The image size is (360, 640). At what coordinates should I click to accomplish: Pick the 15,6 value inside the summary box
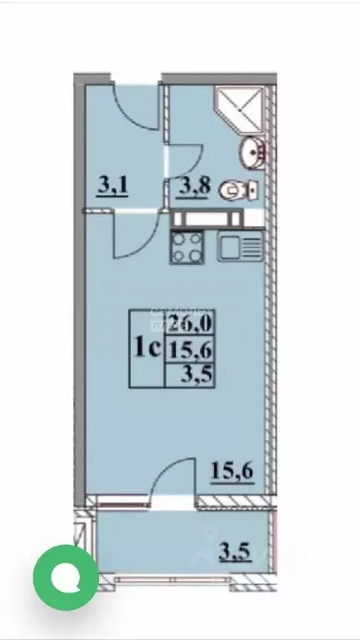point(192,350)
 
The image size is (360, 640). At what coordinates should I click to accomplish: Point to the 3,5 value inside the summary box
point(201,373)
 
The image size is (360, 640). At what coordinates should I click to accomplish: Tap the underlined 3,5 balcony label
point(236,551)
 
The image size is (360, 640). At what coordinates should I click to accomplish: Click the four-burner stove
point(187,247)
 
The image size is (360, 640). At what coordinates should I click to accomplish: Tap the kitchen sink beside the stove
point(239,246)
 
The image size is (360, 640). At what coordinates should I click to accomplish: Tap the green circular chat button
point(65,577)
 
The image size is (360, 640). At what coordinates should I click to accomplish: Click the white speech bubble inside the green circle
point(65,577)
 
